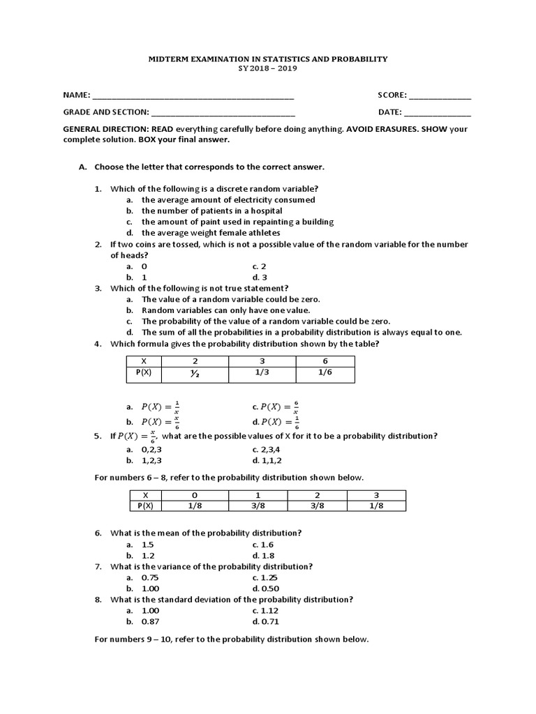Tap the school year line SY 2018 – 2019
[267, 71]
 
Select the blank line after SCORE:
[440, 96]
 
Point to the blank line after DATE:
[438, 113]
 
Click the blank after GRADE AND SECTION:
[223, 113]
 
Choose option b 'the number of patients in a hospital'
[211, 211]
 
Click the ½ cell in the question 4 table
[195, 374]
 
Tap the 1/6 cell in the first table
[325, 374]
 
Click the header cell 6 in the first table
[325, 361]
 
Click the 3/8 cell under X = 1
[258, 506]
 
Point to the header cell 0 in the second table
[195, 494]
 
